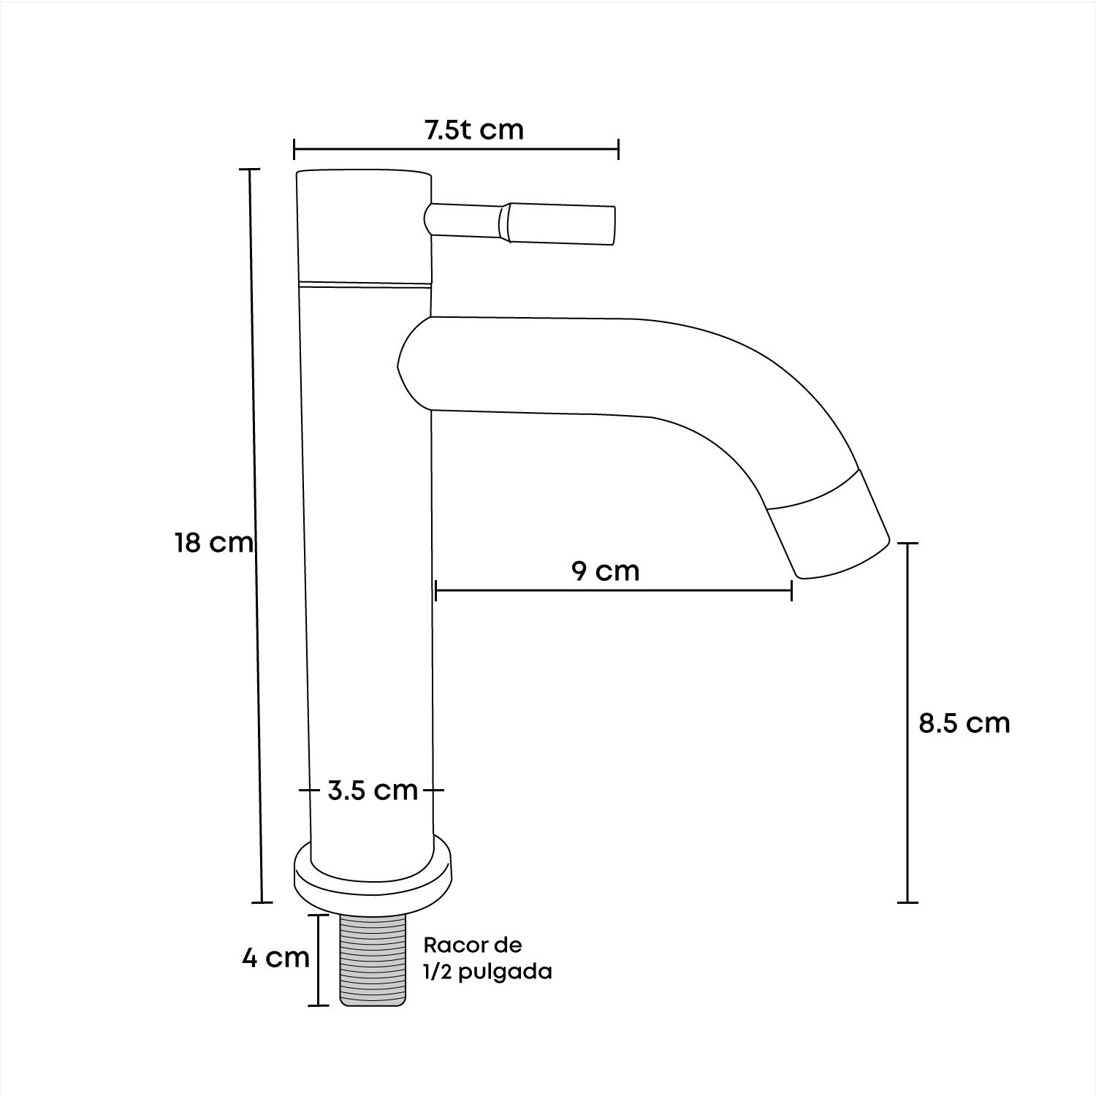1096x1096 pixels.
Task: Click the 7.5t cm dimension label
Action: click(473, 129)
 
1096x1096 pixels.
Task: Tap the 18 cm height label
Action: click(213, 543)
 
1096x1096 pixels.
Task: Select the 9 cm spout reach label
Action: click(605, 570)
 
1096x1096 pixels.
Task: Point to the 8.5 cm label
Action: click(964, 723)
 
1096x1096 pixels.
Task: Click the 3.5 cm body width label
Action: click(373, 790)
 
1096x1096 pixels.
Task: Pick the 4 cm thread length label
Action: click(276, 958)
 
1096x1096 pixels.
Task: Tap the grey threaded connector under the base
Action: click(372, 960)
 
